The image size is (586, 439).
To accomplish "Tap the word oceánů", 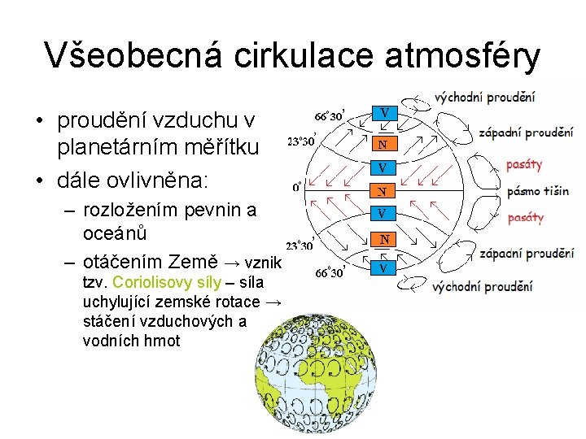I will [115, 233].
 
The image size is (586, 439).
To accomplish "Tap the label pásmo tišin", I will [538, 192].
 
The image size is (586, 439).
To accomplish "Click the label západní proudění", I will [526, 133].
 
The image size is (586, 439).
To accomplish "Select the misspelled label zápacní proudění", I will [526, 254].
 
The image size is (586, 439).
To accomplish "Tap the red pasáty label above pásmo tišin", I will [523, 165].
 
